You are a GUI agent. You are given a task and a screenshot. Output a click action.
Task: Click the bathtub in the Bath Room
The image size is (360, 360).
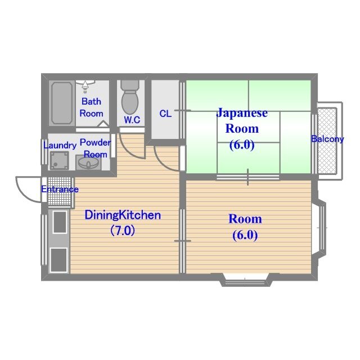(62, 103)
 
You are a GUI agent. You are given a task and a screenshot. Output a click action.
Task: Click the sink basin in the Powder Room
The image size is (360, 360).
(88, 163)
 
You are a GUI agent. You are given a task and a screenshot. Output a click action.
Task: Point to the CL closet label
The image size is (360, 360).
(165, 114)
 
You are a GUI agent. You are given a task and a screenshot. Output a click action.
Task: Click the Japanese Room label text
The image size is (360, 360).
(242, 120)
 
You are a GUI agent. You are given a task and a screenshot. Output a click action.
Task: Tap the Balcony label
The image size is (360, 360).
(327, 139)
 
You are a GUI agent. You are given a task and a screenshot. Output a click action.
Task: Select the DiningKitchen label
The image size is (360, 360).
(123, 215)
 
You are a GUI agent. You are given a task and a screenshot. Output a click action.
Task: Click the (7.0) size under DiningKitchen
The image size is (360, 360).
(122, 230)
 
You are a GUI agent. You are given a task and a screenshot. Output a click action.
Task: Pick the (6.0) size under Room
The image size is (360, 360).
(245, 235)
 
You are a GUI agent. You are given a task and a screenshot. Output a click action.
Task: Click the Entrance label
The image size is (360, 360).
(60, 189)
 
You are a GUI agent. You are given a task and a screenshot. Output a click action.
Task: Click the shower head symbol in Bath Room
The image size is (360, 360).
(85, 85)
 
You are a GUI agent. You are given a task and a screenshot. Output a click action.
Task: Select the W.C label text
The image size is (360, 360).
(132, 120)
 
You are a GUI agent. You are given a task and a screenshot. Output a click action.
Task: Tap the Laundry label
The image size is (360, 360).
(60, 146)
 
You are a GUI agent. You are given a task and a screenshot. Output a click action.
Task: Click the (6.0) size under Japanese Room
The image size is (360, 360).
(242, 145)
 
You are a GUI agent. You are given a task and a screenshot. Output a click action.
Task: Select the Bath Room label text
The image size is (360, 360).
(91, 107)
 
